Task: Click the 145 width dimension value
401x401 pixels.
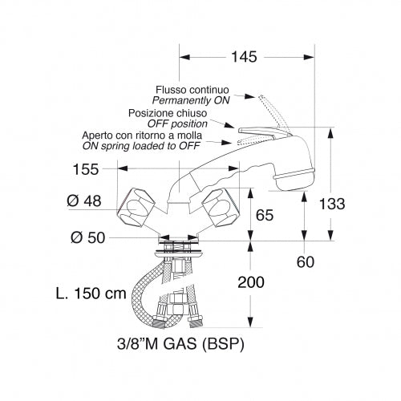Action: pos(244,57)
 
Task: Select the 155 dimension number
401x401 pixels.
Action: pos(86,169)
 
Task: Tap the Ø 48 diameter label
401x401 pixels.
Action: pos(84,201)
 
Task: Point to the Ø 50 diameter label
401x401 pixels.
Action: pos(88,237)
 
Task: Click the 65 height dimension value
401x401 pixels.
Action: pos(265,215)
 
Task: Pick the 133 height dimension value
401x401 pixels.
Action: pos(332,204)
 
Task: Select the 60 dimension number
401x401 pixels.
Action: pos(306,262)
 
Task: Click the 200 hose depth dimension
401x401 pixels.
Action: pos(251,282)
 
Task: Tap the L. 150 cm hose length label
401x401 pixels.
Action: pos(91,294)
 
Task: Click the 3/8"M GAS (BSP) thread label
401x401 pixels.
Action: pos(180,344)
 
